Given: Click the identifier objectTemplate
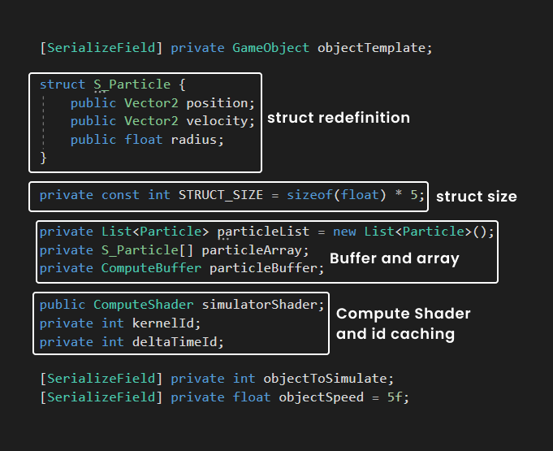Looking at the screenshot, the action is click(x=371, y=48).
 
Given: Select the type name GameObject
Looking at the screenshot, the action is click(x=271, y=48).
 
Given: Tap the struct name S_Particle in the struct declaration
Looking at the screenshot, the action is click(x=132, y=85).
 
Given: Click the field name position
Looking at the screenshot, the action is click(x=218, y=103).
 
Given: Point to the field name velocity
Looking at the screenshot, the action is click(x=218, y=121).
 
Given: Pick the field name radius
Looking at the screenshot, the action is click(x=194, y=140).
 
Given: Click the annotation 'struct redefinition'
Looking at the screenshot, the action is click(x=339, y=118).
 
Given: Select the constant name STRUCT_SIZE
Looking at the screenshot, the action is click(x=221, y=195).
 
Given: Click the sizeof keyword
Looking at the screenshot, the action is click(x=309, y=195).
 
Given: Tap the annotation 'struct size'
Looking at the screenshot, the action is click(x=477, y=197).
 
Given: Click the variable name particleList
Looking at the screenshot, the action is click(x=263, y=232).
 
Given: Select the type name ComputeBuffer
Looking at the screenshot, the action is click(x=151, y=268).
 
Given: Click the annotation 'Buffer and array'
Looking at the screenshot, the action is click(x=395, y=258).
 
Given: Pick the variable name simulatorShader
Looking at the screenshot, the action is click(x=260, y=305).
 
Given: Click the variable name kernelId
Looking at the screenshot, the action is click(x=163, y=323).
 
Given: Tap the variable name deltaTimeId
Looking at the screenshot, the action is click(x=175, y=341).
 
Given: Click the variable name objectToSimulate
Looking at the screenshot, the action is click(x=325, y=379).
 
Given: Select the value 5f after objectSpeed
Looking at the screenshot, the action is click(x=395, y=397).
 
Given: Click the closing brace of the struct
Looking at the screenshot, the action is click(x=43, y=158).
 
